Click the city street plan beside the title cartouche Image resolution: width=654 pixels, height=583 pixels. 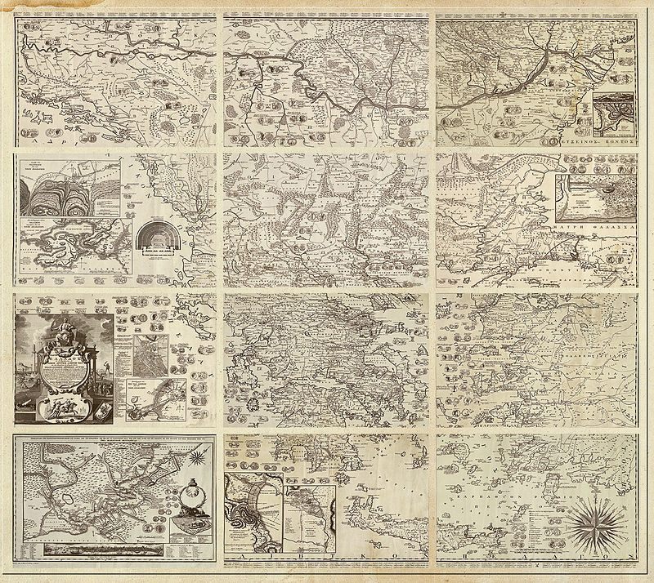(152, 358)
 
